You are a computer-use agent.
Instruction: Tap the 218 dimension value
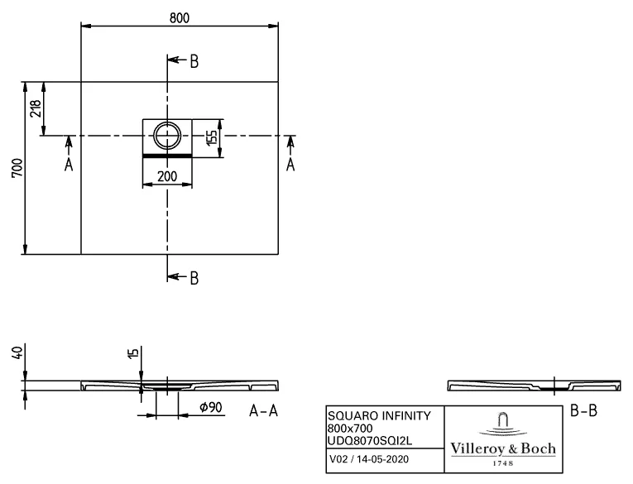35,108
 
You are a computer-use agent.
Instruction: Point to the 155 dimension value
212,136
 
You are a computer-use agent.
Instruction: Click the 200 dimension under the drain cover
167,175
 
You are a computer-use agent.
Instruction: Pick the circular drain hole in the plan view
167,135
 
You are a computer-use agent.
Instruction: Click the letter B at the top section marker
194,61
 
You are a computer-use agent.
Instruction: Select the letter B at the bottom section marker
194,278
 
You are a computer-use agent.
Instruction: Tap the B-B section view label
584,410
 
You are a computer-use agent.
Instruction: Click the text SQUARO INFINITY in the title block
367,416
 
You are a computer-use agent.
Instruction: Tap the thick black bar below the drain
167,155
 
